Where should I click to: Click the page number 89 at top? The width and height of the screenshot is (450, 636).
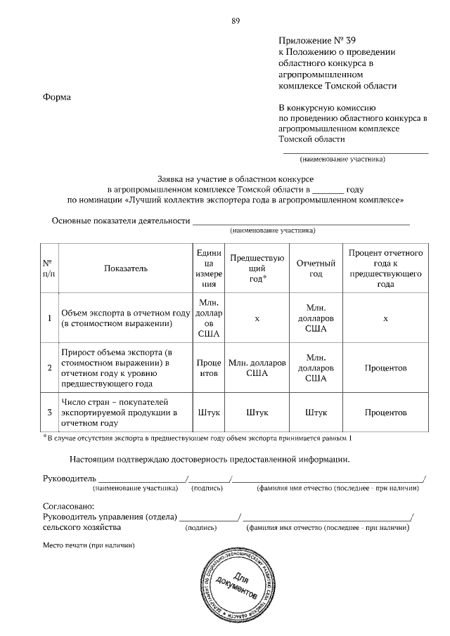coord(236,20)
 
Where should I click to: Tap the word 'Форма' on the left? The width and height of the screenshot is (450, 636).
coord(57,97)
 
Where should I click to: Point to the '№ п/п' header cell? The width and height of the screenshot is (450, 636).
coord(49,268)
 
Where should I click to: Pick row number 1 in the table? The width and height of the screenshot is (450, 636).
coord(49,318)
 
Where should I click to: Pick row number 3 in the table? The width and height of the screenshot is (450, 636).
coord(49,413)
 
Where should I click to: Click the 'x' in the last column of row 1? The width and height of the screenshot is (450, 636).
coord(385,318)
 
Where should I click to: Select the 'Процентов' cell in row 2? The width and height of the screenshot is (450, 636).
coord(385,368)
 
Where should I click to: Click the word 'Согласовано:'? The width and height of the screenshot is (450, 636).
coord(68,506)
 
